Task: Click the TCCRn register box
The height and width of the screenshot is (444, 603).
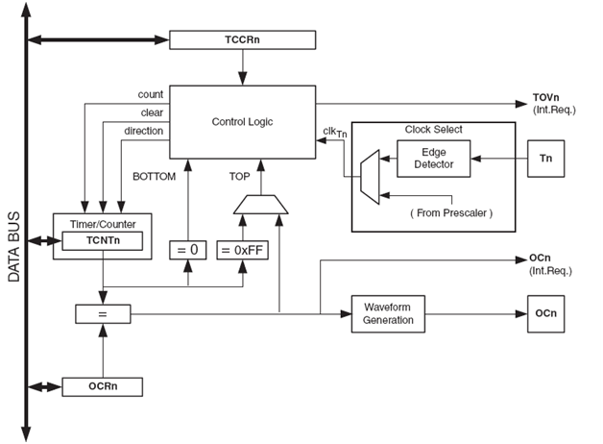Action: click(x=243, y=40)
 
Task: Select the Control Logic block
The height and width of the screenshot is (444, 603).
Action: click(x=243, y=122)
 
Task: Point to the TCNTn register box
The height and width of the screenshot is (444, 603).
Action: click(x=103, y=240)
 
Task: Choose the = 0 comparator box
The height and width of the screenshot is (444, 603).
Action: click(x=188, y=251)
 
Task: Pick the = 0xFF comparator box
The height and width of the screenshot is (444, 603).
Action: click(x=239, y=251)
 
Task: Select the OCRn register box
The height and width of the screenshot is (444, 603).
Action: click(x=103, y=387)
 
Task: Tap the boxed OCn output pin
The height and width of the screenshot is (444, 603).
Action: click(x=546, y=313)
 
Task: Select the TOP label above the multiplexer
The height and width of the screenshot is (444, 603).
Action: click(x=239, y=177)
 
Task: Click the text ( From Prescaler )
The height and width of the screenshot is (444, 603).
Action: click(x=450, y=212)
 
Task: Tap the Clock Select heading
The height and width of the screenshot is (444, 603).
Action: click(x=433, y=129)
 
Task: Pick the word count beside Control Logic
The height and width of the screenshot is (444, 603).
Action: click(x=151, y=94)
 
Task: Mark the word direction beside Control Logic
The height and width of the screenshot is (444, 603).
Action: click(x=144, y=130)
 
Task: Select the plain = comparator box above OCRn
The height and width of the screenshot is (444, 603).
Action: click(x=103, y=313)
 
